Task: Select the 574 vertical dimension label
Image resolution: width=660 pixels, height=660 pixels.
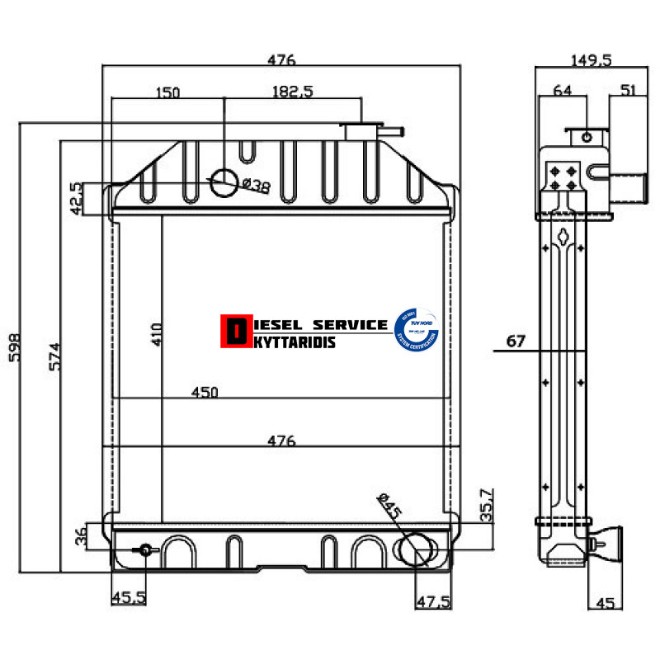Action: [x=55, y=356]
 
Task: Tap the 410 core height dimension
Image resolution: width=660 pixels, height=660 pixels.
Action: [x=157, y=334]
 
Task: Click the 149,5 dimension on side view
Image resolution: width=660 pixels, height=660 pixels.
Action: [x=591, y=59]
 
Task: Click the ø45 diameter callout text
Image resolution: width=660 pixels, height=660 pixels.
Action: [x=389, y=506]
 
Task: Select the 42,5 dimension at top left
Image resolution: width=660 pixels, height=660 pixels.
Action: [x=75, y=199]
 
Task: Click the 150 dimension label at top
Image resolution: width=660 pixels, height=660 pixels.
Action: [x=167, y=92]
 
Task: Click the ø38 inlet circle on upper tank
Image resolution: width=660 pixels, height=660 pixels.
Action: [x=224, y=183]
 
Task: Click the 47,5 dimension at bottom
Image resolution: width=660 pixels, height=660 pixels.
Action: [x=433, y=602]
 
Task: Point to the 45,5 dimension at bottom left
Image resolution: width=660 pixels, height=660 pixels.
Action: [x=129, y=598]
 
